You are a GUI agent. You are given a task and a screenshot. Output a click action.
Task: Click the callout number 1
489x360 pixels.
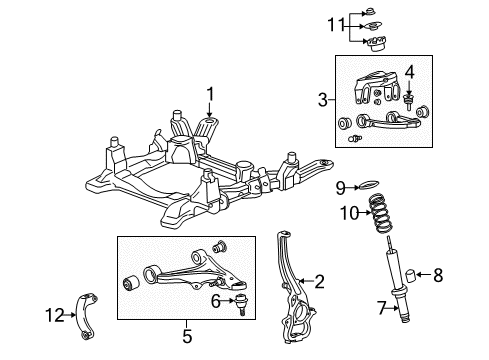(211, 94)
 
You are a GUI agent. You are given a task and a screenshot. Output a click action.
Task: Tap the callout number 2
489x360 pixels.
(320, 282)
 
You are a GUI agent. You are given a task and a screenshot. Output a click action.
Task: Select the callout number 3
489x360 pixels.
(323, 98)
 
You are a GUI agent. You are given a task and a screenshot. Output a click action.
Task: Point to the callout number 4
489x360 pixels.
(408, 71)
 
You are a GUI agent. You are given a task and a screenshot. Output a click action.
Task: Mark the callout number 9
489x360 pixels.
(340, 186)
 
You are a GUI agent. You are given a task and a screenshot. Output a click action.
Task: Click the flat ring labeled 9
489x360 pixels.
(368, 186)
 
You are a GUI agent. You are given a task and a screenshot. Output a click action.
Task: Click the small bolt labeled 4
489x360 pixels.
(409, 100)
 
